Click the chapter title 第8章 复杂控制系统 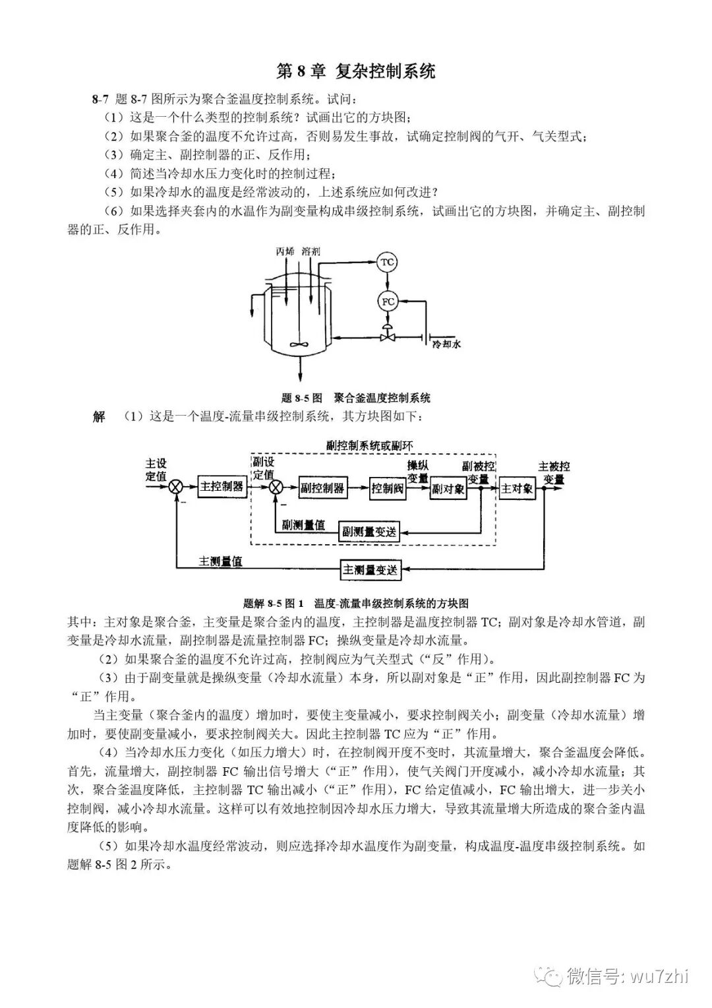pyautogui.click(x=356, y=71)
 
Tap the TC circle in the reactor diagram pyautogui.click(x=387, y=263)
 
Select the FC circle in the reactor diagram pyautogui.click(x=387, y=301)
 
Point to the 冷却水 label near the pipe pyautogui.click(x=446, y=344)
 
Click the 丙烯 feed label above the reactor pyautogui.click(x=285, y=251)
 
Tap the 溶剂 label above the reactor pyautogui.click(x=311, y=251)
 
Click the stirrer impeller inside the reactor pyautogui.click(x=299, y=344)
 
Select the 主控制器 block pyautogui.click(x=222, y=487)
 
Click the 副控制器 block pyautogui.click(x=322, y=488)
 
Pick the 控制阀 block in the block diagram pyautogui.click(x=387, y=488)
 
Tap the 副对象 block pyautogui.click(x=448, y=489)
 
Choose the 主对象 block pyautogui.click(x=518, y=489)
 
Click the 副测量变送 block pyautogui.click(x=369, y=531)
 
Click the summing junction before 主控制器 pyautogui.click(x=176, y=488)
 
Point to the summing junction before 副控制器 pyautogui.click(x=276, y=488)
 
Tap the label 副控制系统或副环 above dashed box pyautogui.click(x=370, y=446)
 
